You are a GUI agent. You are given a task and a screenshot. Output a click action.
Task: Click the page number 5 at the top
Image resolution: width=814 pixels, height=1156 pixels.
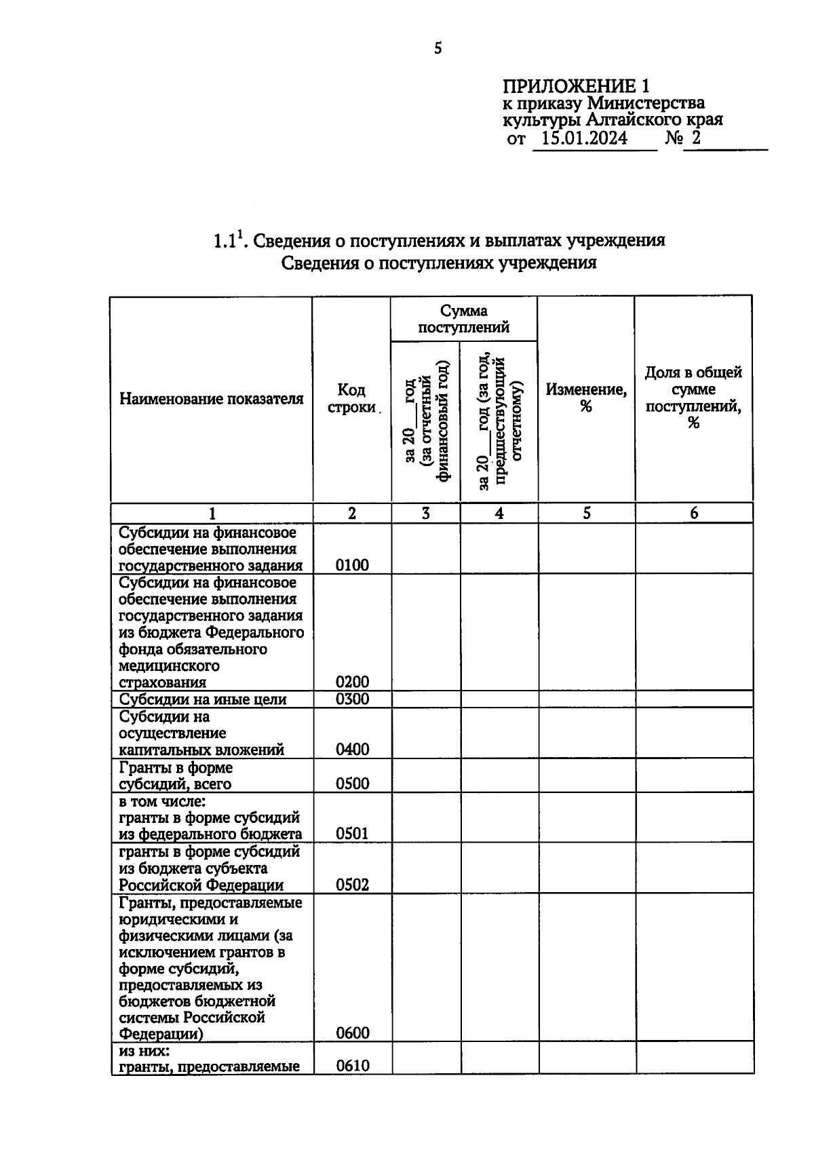(x=438, y=48)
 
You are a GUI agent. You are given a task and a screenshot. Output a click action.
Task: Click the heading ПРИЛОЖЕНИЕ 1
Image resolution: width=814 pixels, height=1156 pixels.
(x=575, y=86)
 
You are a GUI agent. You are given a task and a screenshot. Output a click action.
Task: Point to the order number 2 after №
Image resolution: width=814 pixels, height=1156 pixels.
(x=695, y=138)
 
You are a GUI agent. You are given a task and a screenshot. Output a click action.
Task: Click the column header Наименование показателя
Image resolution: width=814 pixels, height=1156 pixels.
(x=211, y=398)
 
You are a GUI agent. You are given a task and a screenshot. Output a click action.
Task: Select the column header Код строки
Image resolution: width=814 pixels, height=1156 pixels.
(x=351, y=398)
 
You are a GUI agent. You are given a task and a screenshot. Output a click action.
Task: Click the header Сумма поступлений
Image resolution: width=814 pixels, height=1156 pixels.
(x=463, y=319)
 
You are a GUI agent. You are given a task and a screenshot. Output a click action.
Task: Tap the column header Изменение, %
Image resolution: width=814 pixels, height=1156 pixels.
(x=586, y=398)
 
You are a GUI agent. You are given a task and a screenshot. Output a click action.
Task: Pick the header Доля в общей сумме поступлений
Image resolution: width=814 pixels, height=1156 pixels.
(x=693, y=398)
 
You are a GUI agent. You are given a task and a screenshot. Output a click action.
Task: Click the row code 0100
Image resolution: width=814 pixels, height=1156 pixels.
(x=352, y=565)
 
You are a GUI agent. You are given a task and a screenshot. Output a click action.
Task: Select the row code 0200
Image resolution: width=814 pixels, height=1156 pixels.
(x=352, y=682)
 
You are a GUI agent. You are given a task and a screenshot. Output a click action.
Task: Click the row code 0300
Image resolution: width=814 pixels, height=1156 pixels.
(x=352, y=699)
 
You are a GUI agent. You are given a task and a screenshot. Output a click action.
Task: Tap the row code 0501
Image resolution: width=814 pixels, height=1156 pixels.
(x=352, y=834)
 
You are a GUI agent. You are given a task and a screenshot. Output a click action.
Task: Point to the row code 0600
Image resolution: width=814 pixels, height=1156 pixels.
(x=352, y=1033)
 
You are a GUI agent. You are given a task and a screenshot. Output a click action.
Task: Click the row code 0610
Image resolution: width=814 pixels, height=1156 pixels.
(x=352, y=1066)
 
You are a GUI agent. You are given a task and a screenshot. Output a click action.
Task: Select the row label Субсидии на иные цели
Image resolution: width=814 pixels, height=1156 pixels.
(x=203, y=699)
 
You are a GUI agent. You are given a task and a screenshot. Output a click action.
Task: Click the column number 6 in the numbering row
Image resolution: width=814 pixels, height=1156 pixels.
(x=694, y=514)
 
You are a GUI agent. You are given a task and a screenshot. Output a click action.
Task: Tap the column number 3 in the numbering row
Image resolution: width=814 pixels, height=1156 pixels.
(x=425, y=514)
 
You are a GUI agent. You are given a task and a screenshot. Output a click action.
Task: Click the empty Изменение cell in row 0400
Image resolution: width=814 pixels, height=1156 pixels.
(x=586, y=733)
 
